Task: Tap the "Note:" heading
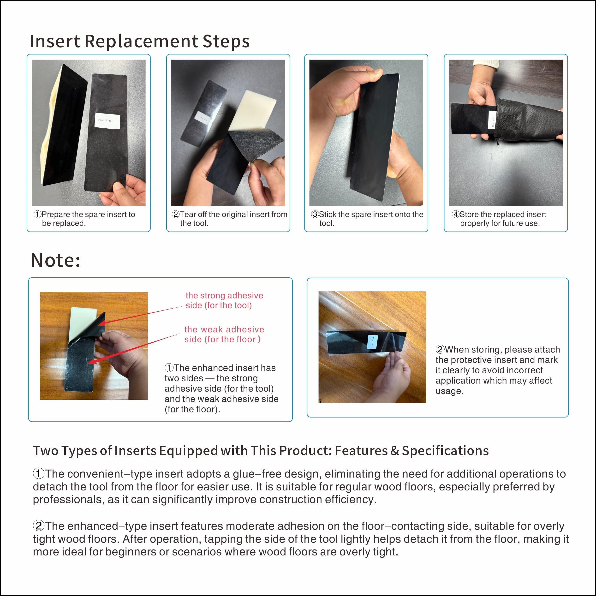[x=55, y=260]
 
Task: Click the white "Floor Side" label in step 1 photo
[x=107, y=120]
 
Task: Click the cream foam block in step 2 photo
[x=253, y=111]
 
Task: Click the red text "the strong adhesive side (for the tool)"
[x=224, y=300]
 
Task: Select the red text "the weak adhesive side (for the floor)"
[x=224, y=334]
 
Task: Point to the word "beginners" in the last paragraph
[x=131, y=552]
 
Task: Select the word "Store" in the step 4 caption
[x=469, y=215]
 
